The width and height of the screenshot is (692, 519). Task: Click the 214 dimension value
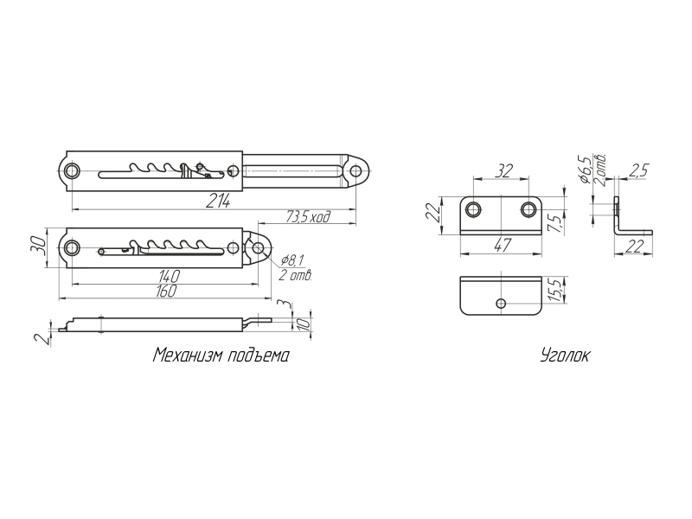tap(218, 202)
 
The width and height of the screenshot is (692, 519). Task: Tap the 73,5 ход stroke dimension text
tap(308, 217)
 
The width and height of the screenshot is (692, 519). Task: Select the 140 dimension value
tap(169, 276)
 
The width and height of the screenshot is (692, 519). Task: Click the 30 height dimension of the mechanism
tap(37, 244)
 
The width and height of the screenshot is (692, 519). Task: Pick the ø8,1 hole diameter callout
tap(292, 261)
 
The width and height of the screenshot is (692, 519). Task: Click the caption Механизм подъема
tap(221, 356)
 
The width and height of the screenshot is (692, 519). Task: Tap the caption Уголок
tap(565, 356)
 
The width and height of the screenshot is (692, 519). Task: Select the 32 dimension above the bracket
tap(503, 170)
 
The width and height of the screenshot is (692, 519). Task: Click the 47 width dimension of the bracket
tap(503, 246)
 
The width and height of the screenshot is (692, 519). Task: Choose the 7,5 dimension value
tap(557, 224)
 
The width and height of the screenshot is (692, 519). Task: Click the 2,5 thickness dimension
tap(638, 170)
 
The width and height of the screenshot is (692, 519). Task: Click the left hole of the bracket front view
tap(474, 209)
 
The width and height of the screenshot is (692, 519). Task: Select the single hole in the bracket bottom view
tap(501, 304)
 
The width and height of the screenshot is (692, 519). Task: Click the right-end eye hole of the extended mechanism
tap(356, 171)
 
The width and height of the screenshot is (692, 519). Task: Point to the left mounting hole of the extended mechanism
tap(72, 171)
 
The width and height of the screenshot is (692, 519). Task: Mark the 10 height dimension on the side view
tap(304, 324)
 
